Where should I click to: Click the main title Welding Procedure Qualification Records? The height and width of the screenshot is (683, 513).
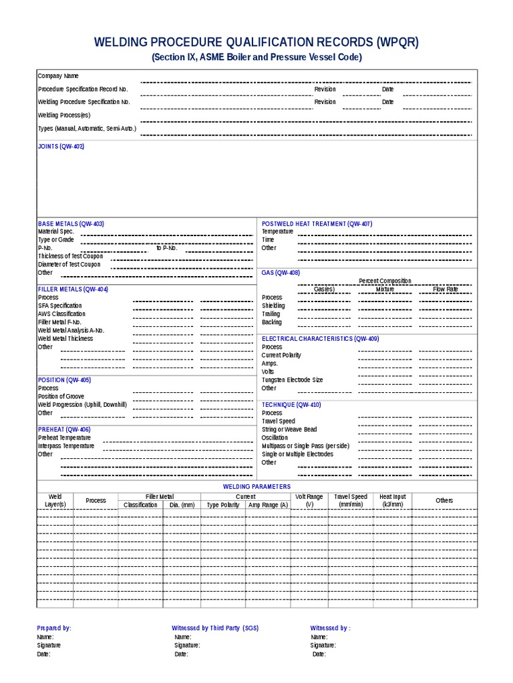tap(256, 43)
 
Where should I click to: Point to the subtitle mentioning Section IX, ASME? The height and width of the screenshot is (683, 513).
tap(256, 57)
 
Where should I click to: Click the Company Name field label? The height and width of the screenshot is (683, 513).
tap(58, 76)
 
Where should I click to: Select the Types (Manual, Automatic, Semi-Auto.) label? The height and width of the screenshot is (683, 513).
tap(87, 128)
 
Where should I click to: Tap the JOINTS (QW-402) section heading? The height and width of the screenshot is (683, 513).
tap(61, 146)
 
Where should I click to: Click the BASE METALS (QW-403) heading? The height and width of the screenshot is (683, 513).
tap(71, 223)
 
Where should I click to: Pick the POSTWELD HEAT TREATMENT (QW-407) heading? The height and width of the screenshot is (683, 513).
tap(317, 223)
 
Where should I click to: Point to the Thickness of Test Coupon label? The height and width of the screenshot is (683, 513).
tap(70, 256)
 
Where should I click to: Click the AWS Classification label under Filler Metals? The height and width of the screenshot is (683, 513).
tap(61, 313)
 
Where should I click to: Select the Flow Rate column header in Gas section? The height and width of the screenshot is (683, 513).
tap(446, 289)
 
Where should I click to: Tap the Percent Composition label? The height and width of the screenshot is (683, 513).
tap(385, 281)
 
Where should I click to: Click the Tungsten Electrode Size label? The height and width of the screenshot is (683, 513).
tap(292, 380)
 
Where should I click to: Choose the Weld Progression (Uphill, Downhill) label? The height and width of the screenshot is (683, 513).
tap(82, 405)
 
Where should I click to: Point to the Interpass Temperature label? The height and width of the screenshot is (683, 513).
tap(66, 446)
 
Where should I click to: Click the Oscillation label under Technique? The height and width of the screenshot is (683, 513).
tap(276, 438)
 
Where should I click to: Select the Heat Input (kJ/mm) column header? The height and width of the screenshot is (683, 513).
tap(393, 501)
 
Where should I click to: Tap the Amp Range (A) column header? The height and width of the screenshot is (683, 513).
tap(268, 505)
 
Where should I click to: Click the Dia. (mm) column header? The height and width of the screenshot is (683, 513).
tap(181, 505)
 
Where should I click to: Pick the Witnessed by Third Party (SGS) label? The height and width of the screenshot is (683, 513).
tap(215, 628)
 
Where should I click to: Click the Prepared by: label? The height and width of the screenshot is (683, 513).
tap(54, 628)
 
